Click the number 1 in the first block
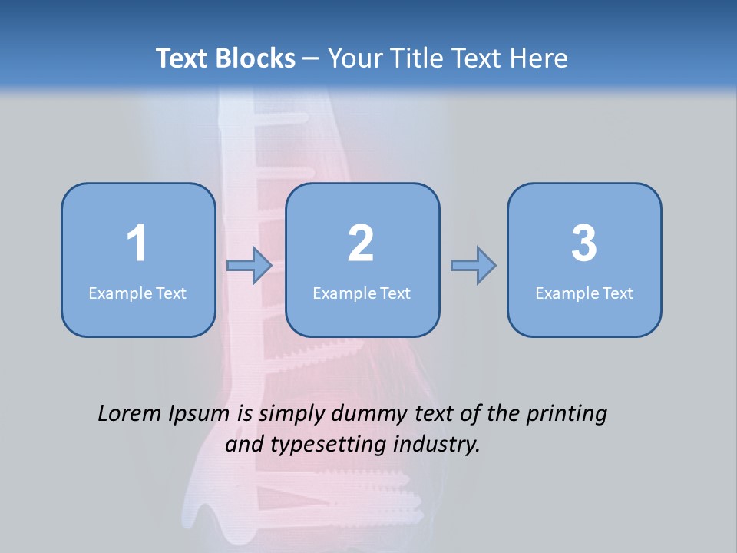click(137, 243)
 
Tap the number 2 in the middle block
click(361, 243)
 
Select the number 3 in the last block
click(584, 243)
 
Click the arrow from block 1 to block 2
click(250, 266)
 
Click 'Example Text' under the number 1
click(137, 293)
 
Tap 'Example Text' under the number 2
click(362, 293)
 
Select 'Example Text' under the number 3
click(584, 293)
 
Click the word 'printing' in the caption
click(567, 415)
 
